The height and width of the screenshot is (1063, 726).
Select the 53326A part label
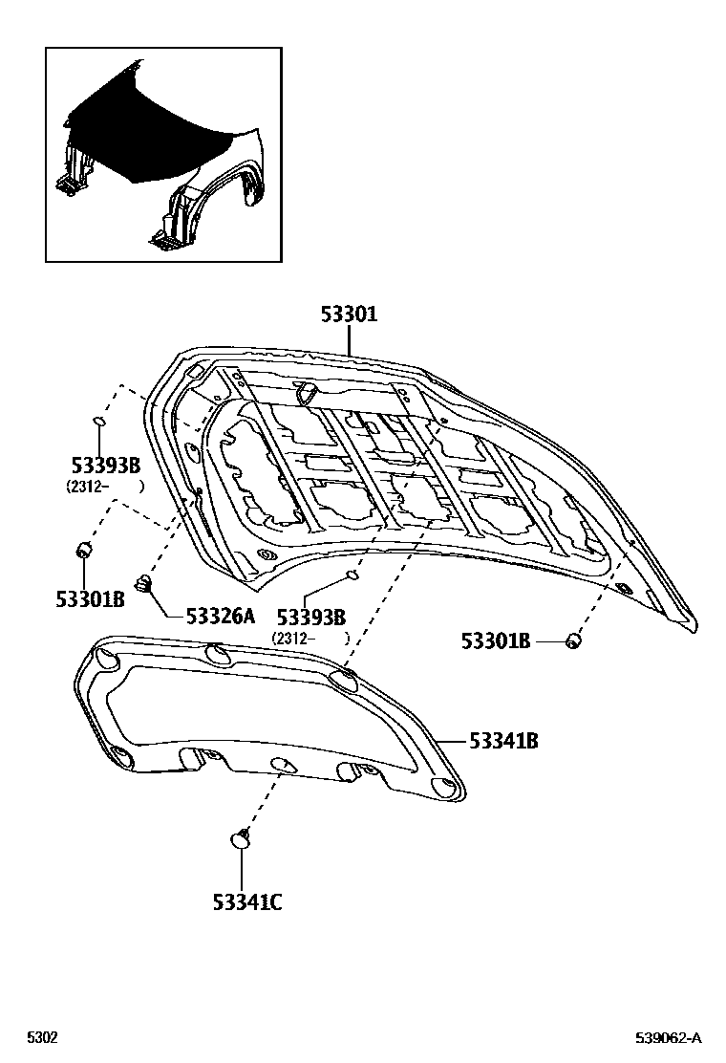click(x=220, y=616)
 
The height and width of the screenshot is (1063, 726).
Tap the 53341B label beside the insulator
click(x=502, y=740)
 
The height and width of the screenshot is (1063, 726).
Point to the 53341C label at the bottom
click(x=246, y=900)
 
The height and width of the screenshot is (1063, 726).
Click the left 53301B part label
click(x=90, y=599)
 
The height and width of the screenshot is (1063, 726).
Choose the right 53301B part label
click(x=495, y=641)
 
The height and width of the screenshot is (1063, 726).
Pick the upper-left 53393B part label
click(x=105, y=466)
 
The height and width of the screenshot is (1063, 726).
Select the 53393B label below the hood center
click(x=310, y=617)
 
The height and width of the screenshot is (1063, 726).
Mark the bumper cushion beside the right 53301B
click(x=573, y=640)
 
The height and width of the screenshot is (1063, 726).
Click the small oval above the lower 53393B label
click(x=352, y=575)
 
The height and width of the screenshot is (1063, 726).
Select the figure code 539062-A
click(x=669, y=1038)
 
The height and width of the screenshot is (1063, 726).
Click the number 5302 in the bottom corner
click(x=41, y=1038)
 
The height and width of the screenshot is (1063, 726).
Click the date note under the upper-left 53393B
click(x=105, y=486)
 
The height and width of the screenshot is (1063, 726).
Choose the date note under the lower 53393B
click(x=310, y=637)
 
